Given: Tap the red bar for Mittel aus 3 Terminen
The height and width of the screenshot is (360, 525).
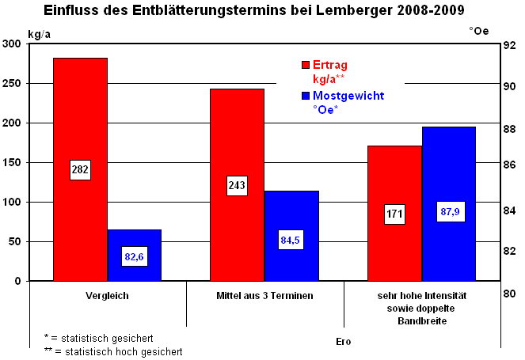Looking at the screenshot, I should click(x=237, y=142).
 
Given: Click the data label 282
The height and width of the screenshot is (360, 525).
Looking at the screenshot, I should click(x=80, y=169).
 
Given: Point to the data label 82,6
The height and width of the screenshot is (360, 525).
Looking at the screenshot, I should click(x=134, y=256).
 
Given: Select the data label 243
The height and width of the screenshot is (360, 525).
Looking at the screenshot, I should click(x=237, y=185).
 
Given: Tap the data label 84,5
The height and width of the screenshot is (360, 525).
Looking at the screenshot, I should click(x=291, y=240).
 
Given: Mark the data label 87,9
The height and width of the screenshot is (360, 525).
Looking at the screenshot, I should click(x=449, y=211).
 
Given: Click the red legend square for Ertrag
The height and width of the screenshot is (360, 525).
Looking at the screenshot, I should click(x=305, y=66).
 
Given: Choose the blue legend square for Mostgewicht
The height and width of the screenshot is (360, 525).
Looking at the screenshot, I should click(x=305, y=96).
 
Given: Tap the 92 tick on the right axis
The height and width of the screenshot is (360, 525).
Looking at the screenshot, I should click(x=511, y=45).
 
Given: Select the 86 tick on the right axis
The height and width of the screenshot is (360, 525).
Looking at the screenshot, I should click(x=511, y=165).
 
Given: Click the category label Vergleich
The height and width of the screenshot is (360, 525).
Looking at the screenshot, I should click(x=107, y=296).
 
